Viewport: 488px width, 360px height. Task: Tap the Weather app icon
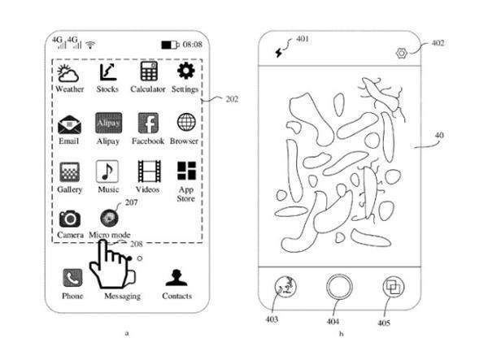[x=69, y=73]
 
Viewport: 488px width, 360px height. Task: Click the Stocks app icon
[x=107, y=72]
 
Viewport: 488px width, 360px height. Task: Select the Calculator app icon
[x=148, y=72]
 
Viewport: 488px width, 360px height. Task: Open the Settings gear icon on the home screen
[x=185, y=72]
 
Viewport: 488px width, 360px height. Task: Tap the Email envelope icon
[x=69, y=124]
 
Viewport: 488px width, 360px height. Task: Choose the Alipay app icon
[x=108, y=124]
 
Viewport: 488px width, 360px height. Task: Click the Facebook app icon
[x=148, y=124]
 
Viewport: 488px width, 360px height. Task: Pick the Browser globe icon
[x=186, y=123]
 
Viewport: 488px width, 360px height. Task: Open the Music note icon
[x=108, y=171]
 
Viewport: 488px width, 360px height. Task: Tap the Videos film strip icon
[x=149, y=171]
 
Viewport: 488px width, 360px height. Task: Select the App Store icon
[x=186, y=171]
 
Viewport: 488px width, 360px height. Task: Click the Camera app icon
[x=70, y=218]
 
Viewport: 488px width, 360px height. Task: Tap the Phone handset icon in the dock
[x=72, y=278]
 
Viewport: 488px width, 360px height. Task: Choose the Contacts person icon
[x=176, y=278]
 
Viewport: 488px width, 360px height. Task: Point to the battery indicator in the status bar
[x=170, y=44]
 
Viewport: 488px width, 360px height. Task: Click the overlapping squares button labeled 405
[x=394, y=288]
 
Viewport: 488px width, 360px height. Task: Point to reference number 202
[x=232, y=100]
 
